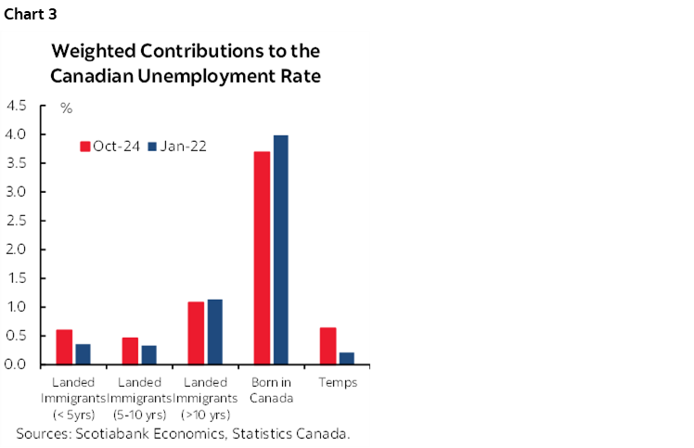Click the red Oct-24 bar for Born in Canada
click(262, 258)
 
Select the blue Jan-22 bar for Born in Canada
click(279, 250)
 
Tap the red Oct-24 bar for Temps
click(328, 345)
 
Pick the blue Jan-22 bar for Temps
click(345, 358)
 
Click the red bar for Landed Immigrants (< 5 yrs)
click(64, 347)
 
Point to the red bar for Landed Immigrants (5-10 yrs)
click(131, 351)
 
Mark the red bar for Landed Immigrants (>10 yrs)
click(196, 333)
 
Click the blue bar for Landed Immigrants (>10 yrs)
click(214, 331)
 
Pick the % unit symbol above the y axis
click(66, 109)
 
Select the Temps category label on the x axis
click(337, 382)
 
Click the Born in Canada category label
click(271, 390)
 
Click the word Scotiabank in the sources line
click(113, 433)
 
